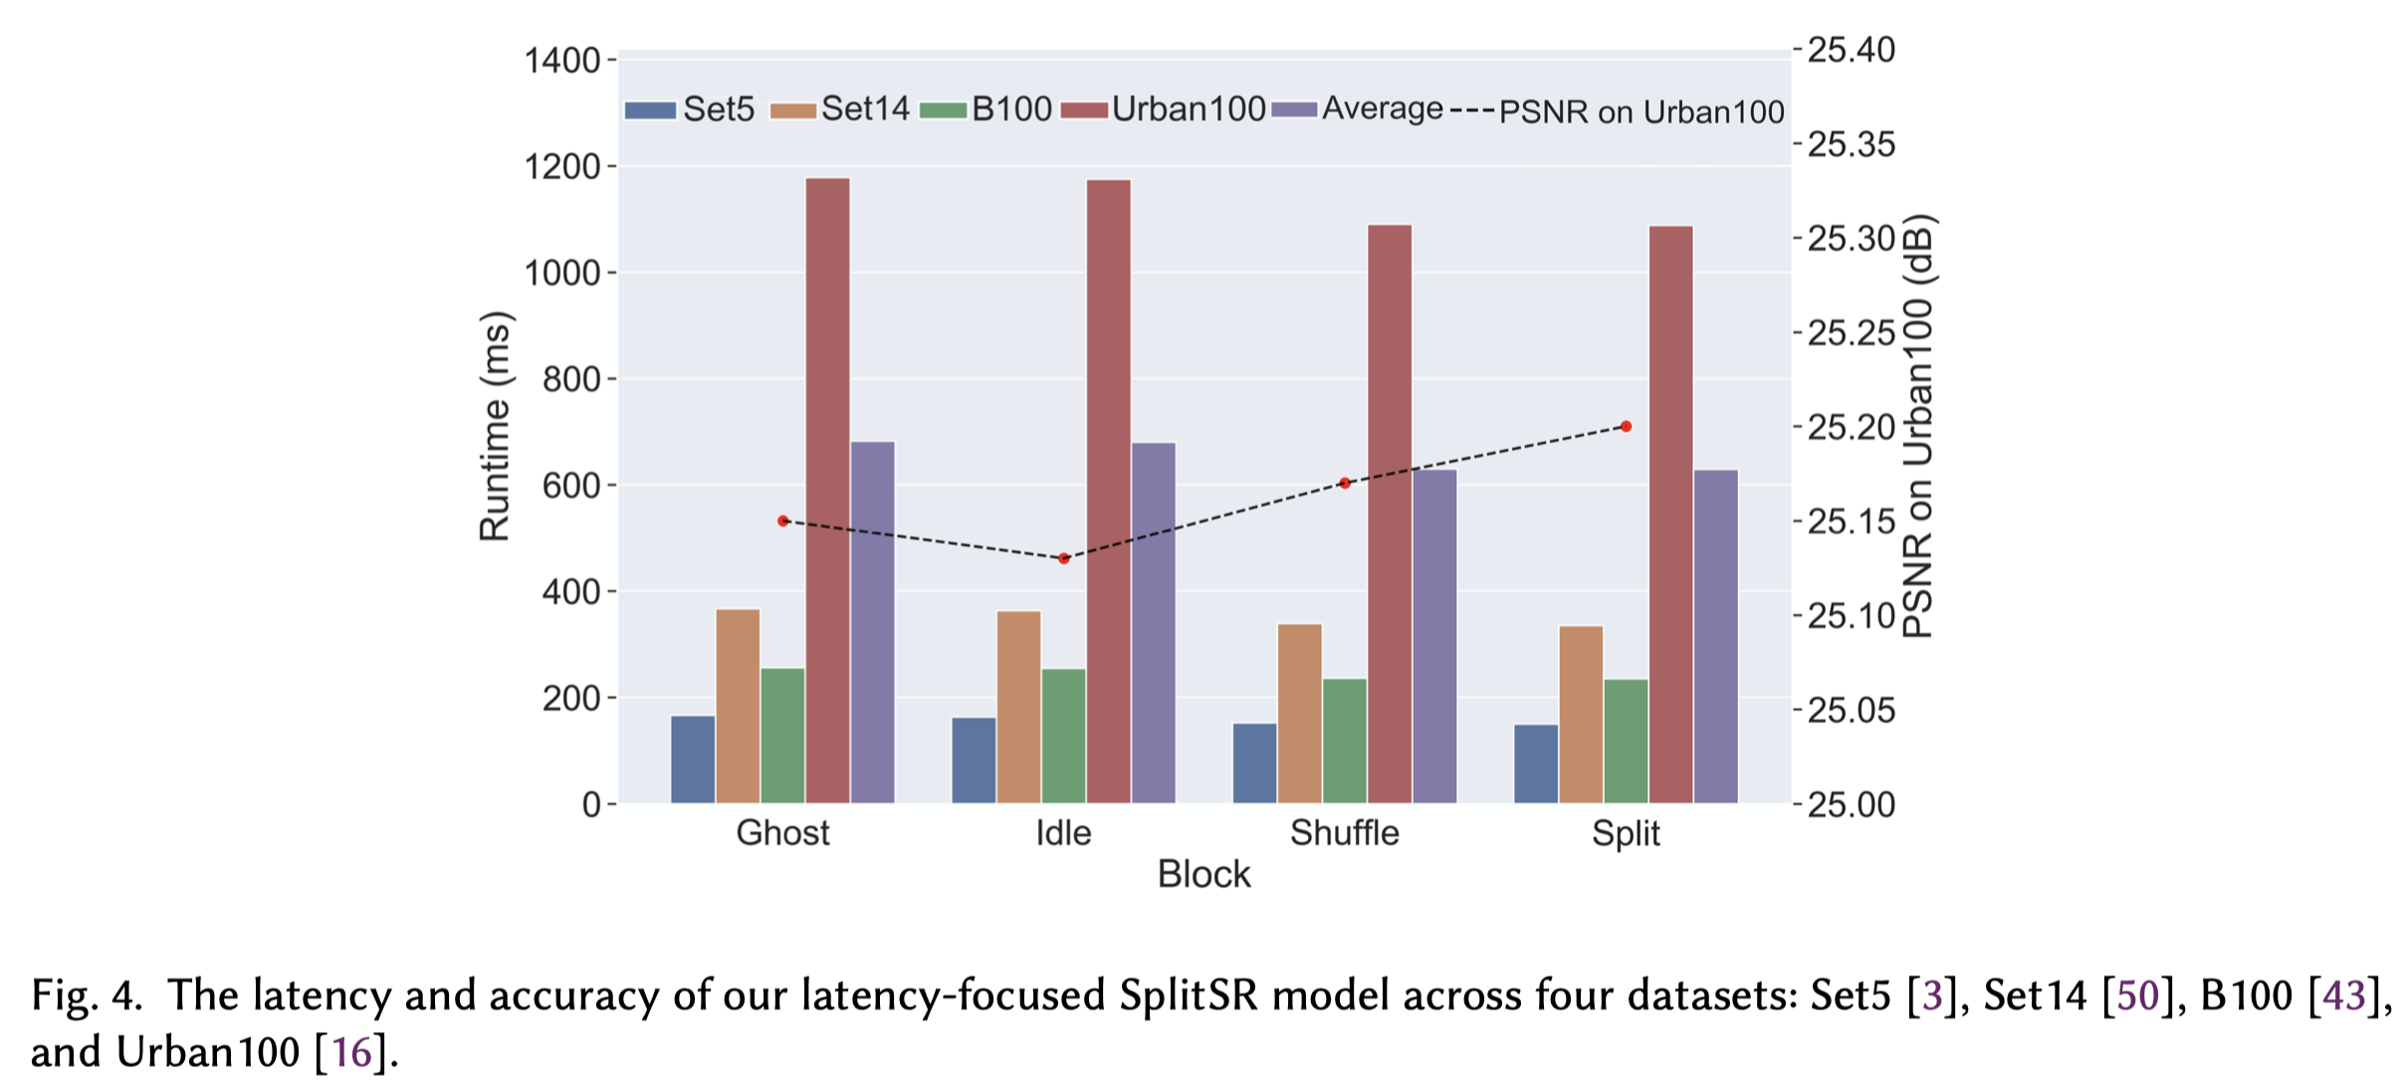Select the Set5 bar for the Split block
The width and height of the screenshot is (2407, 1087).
1535,763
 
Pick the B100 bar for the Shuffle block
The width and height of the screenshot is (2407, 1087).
1344,741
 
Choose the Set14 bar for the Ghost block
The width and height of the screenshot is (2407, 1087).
738,706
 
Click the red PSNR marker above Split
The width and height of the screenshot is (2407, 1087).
1626,427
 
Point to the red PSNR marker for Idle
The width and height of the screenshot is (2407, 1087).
1063,558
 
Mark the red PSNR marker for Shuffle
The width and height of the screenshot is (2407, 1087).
1345,484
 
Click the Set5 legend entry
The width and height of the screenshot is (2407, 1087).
689,109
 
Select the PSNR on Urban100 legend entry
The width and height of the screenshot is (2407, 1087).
1618,111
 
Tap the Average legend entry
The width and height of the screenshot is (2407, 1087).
1358,109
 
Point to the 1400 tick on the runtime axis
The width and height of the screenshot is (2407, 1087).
562,61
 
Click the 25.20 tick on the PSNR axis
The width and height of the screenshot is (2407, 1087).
1851,427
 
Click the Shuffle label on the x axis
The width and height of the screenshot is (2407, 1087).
1344,832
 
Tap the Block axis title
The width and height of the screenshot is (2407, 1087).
1203,874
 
